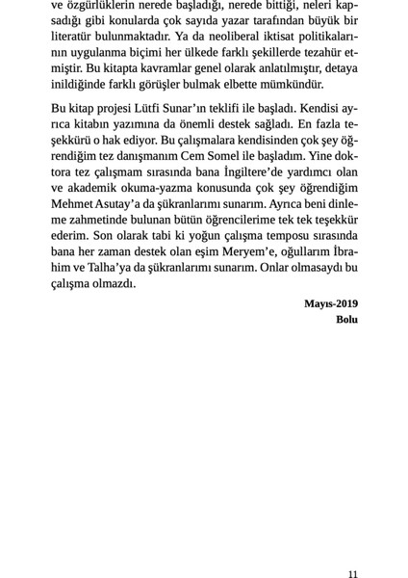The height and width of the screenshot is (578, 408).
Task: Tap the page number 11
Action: click(x=352, y=573)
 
